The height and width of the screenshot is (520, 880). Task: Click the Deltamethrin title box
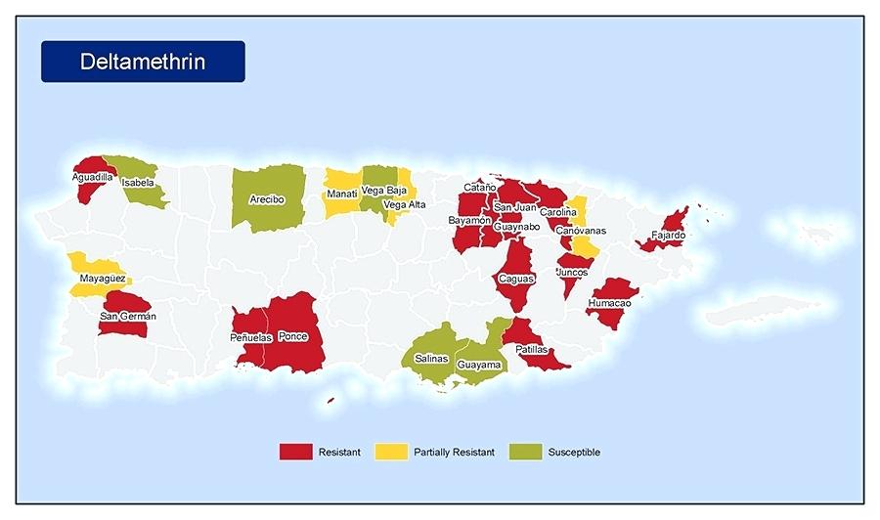point(143,62)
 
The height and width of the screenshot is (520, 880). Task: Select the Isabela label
point(138,182)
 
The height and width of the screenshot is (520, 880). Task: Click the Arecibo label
point(266,198)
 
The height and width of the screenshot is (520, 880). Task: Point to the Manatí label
point(342,194)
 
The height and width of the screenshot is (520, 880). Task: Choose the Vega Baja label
point(384,190)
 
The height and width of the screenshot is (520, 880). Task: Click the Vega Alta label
point(404,204)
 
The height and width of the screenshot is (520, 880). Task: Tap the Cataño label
point(479,187)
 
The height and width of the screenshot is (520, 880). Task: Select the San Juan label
point(514,207)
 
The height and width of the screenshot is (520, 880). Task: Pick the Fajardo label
point(669,236)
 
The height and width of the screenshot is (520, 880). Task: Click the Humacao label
point(609,303)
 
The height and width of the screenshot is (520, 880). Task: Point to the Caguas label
point(516,279)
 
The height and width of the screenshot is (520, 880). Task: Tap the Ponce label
point(292,336)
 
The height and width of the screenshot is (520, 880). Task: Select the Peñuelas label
point(250,337)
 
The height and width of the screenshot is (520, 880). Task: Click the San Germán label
point(127,316)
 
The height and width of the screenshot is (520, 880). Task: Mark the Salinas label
point(431,359)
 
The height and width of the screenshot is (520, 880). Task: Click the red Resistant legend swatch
point(295,452)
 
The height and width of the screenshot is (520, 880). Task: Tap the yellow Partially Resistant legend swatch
point(390,452)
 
